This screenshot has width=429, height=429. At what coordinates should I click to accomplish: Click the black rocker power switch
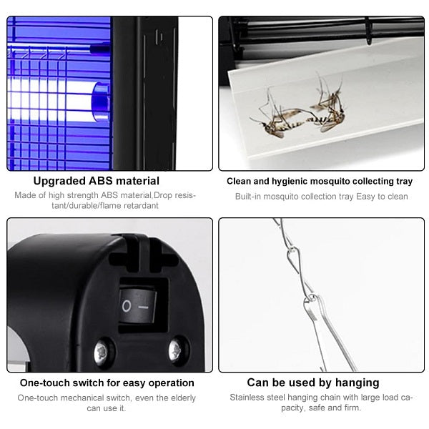coord(138,307)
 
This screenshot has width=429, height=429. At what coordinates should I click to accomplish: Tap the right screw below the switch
coord(176,350)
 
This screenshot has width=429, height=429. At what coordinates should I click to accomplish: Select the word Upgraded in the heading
coord(59,182)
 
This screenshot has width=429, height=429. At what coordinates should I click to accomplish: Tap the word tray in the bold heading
coord(405,182)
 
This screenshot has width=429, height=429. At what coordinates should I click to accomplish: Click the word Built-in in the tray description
coord(248,197)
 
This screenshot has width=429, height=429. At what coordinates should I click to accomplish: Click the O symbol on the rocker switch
coord(127,306)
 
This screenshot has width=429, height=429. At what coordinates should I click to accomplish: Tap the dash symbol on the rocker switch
coord(144,307)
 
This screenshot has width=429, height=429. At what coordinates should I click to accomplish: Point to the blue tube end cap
coord(101,102)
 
